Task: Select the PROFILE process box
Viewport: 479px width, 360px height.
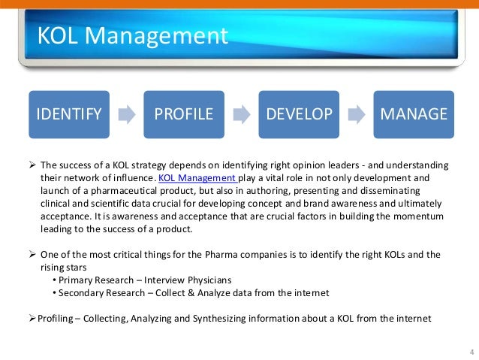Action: [183, 114]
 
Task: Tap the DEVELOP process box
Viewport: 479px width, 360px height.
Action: [299, 114]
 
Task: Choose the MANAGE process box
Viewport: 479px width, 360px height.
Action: [414, 114]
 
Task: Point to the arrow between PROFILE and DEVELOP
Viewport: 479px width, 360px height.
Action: [242, 115]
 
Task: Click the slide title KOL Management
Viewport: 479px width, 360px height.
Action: [132, 36]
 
